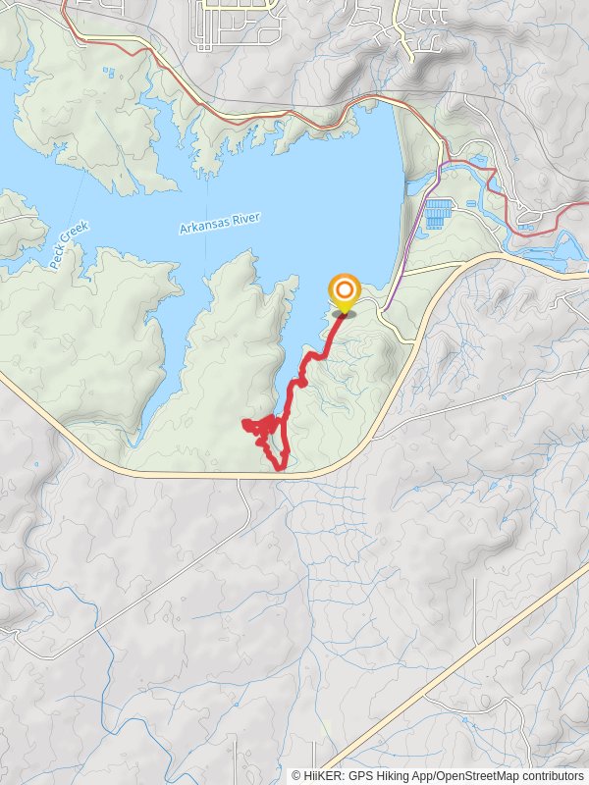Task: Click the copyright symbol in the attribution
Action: coord(297,775)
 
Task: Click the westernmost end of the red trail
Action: coord(242,423)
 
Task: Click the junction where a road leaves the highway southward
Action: coord(239,479)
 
